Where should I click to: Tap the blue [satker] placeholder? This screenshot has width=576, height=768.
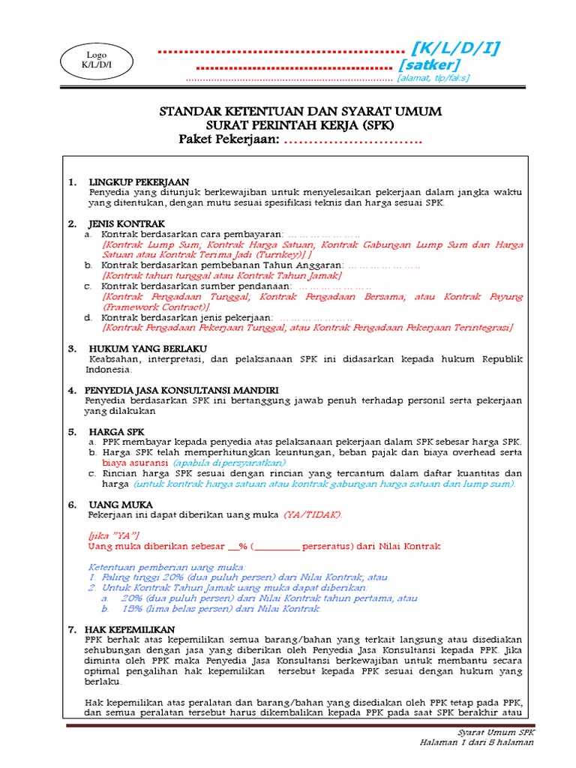428,65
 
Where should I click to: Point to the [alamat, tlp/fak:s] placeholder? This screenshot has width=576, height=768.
433,78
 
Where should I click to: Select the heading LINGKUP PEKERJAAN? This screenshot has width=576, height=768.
139,182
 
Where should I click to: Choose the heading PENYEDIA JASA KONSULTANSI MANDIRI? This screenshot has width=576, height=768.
184,391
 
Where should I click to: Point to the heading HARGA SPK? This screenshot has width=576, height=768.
116,432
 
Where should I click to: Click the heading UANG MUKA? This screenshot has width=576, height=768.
116,505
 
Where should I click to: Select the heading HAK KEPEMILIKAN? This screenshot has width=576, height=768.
131,628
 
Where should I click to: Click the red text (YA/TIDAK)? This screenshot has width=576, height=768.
312,515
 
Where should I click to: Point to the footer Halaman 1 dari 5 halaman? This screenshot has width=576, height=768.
476,742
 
